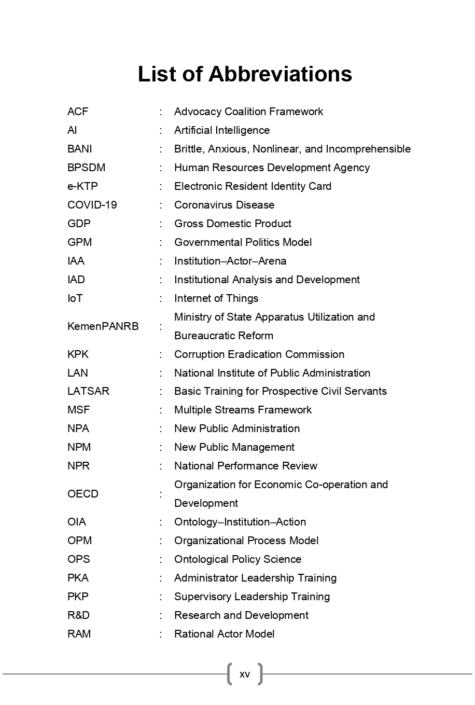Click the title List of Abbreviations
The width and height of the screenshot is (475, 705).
pyautogui.click(x=245, y=74)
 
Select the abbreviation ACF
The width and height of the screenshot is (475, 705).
pyautogui.click(x=78, y=112)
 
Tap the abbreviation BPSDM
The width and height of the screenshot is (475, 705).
pyautogui.click(x=86, y=168)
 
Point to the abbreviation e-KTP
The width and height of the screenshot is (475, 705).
pyautogui.click(x=82, y=186)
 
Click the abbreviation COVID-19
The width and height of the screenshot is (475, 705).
pyautogui.click(x=92, y=205)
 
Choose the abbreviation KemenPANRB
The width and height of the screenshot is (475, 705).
pyautogui.click(x=103, y=326)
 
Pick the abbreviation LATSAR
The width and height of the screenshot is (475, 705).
pyautogui.click(x=88, y=391)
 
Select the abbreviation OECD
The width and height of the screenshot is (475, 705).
pyautogui.click(x=83, y=494)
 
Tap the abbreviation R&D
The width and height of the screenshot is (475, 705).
pyautogui.click(x=78, y=615)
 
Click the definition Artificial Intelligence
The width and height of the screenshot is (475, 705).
pyautogui.click(x=222, y=130)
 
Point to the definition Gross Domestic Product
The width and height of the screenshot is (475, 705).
pyautogui.click(x=233, y=224)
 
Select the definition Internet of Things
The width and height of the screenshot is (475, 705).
pyautogui.click(x=216, y=298)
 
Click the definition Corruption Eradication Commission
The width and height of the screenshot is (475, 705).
pyautogui.click(x=259, y=354)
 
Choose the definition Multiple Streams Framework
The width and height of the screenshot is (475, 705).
pyautogui.click(x=243, y=410)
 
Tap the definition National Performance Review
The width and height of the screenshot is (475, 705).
pyautogui.click(x=246, y=466)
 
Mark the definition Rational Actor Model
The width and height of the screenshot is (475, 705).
pyautogui.click(x=225, y=634)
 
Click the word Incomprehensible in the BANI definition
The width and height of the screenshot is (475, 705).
pyautogui.click(x=368, y=149)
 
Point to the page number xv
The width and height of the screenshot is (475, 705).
pyautogui.click(x=245, y=674)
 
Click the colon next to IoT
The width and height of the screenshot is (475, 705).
pyautogui.click(x=161, y=298)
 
